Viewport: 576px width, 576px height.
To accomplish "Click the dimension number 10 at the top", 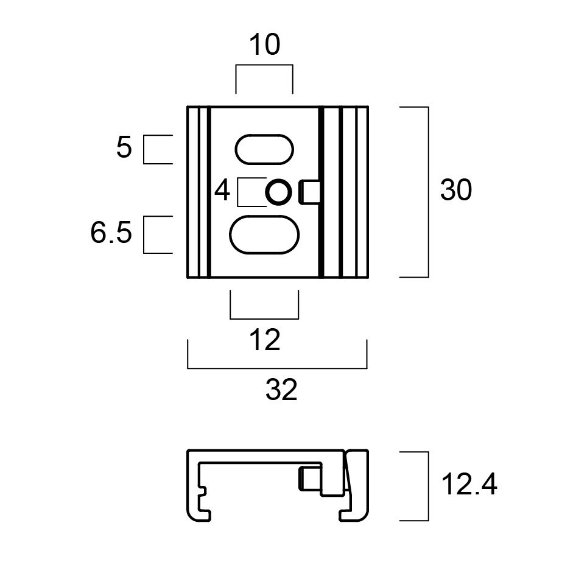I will click(x=264, y=45).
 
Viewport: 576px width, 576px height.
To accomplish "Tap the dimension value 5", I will click(x=124, y=148).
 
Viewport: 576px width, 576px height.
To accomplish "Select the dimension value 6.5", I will click(x=111, y=234).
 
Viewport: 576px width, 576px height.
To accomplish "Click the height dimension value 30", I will click(x=456, y=191).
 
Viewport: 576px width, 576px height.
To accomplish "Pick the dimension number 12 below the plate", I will click(x=265, y=340).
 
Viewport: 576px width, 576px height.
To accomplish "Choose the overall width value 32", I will click(x=281, y=390).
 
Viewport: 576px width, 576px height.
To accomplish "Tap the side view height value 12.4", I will click(x=469, y=485).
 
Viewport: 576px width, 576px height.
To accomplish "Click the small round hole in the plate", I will click(x=278, y=193).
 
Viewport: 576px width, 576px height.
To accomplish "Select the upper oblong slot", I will click(x=265, y=149).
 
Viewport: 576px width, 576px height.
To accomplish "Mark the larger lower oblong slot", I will click(x=265, y=234).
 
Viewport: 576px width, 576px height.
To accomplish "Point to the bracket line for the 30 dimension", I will click(x=429, y=192).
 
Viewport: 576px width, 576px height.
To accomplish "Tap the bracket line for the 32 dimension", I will click(x=277, y=368).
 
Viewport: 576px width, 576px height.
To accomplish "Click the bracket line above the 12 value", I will click(x=264, y=318).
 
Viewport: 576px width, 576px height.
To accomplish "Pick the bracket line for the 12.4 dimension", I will click(x=429, y=486).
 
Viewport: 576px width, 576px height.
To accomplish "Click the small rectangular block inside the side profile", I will click(x=310, y=477).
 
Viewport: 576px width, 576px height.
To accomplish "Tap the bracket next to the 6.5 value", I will click(x=144, y=234).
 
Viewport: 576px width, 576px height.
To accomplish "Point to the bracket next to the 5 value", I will click(x=144, y=150).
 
